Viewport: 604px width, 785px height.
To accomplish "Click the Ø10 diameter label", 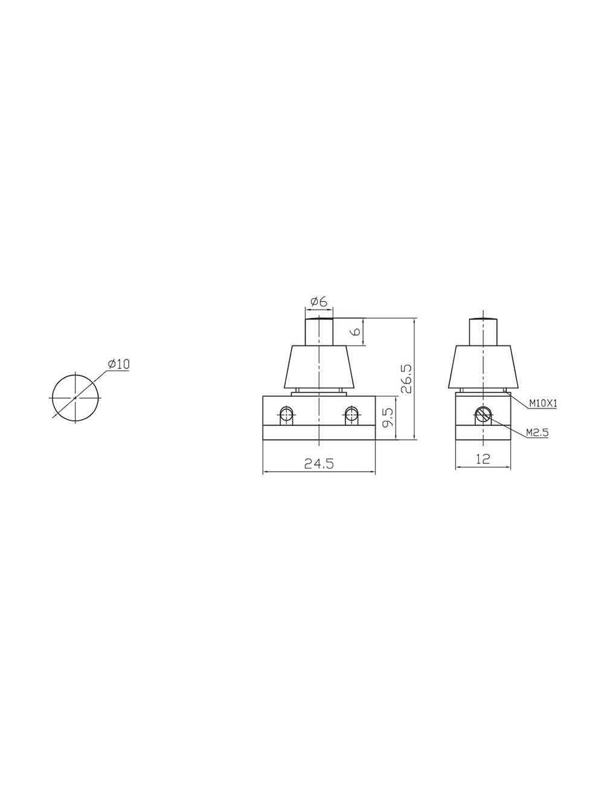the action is click(x=118, y=364).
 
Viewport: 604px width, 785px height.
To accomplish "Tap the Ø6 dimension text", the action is click(x=319, y=301).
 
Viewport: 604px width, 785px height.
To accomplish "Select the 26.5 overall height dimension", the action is click(x=406, y=379).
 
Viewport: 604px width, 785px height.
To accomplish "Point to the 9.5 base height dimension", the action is click(x=388, y=418).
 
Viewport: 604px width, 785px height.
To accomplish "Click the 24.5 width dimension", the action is click(x=319, y=464).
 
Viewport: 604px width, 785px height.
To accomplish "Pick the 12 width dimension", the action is click(x=483, y=458).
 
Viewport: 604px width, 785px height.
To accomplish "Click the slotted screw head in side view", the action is click(x=483, y=415).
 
